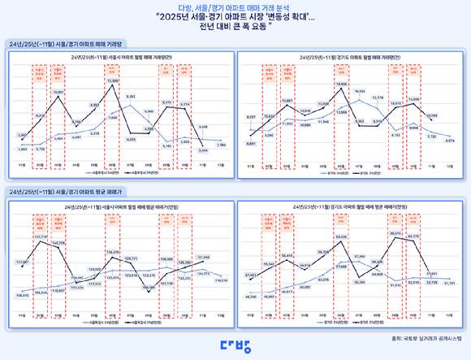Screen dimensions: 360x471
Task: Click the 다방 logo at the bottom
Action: coord(235,342)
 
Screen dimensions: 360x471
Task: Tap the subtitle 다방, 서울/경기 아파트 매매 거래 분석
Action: coord(235,7)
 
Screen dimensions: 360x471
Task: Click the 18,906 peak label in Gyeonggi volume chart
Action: coord(341,84)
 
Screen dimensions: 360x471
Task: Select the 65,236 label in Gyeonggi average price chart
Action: coord(341,238)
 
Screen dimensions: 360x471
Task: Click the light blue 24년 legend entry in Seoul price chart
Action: coord(96,323)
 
